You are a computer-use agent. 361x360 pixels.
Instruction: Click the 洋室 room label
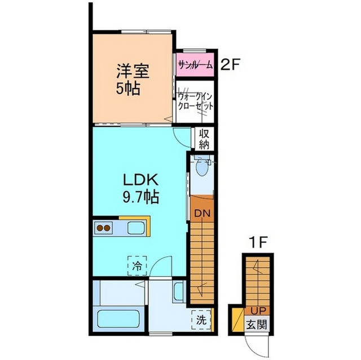tap(133, 71)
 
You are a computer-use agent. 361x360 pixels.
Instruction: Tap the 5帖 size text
tap(128, 88)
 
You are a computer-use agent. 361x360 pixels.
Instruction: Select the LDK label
tap(140, 180)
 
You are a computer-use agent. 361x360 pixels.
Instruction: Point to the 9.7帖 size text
tap(140, 197)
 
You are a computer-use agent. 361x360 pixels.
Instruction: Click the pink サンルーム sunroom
tap(195, 65)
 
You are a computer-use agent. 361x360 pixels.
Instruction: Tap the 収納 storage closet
tap(204, 139)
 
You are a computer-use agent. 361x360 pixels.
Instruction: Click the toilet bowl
tap(202, 168)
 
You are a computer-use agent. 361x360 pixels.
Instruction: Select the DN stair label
tap(202, 214)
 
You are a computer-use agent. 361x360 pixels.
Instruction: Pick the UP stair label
tap(258, 311)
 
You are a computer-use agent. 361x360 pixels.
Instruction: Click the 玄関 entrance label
tap(257, 325)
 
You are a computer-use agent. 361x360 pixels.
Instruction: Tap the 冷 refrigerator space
tap(137, 266)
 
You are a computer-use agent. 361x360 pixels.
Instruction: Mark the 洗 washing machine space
tap(201, 320)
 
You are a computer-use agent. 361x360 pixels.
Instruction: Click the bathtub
tap(118, 319)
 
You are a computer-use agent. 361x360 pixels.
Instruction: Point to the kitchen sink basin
tap(137, 228)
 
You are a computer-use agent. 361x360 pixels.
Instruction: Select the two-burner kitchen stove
tap(103, 228)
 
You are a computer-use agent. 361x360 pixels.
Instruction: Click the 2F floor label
tap(230, 65)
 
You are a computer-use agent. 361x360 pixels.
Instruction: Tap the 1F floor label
tap(258, 242)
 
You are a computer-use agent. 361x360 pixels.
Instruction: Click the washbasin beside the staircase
tap(179, 291)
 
